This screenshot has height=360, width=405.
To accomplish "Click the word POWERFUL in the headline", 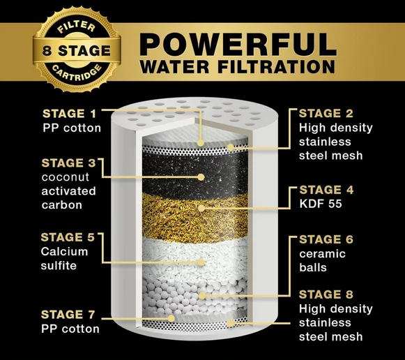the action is [238, 44].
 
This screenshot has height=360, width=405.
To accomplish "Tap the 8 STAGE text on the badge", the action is [77, 50].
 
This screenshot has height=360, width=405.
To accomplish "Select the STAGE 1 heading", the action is [70, 114].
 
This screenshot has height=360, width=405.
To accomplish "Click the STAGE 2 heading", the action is [326, 114].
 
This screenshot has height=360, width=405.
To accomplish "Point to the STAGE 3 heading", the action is [69, 163].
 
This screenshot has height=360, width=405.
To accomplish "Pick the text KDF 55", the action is [321, 204].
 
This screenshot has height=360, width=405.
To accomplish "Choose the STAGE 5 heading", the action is [68, 237].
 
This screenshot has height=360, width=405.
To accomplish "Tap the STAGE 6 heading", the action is [326, 239].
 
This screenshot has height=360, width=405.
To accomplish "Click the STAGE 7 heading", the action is [68, 315].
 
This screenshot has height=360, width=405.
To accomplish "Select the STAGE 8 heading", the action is [326, 294].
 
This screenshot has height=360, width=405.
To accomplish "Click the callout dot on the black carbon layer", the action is [201, 177].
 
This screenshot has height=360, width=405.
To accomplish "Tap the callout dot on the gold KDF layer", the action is [201, 208].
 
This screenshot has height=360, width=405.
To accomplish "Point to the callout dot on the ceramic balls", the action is [202, 296].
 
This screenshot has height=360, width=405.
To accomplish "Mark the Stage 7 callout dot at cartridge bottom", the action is [171, 318].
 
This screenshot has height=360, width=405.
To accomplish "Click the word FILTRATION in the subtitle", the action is [277, 67].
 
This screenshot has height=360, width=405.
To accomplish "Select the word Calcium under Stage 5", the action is [64, 252].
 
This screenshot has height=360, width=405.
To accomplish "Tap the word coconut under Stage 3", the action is [66, 177].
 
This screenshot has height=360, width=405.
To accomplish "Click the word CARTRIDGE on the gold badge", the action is [77, 73].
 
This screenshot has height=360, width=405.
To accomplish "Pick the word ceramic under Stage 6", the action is [322, 254].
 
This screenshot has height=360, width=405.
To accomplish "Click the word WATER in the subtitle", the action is [174, 67].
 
